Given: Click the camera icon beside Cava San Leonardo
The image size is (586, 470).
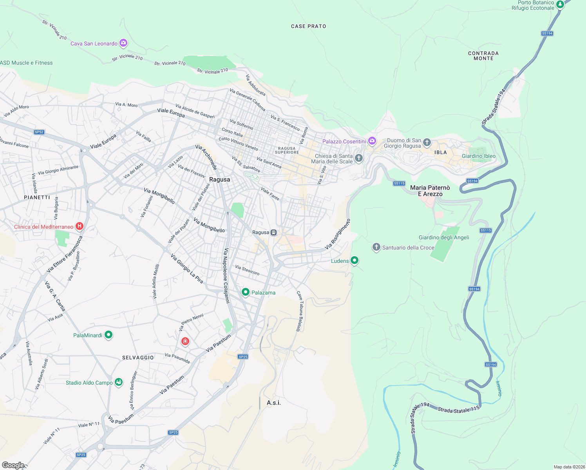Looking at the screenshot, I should (123, 43).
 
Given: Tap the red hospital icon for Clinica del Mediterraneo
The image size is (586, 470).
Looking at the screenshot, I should (80, 226).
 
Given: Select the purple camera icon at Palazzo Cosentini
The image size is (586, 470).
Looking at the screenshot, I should (372, 141).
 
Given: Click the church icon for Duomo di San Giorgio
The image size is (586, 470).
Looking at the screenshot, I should (427, 142).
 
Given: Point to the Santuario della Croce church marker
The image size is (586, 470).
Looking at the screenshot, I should (376, 247).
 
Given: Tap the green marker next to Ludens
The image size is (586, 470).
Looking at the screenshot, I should (354, 260).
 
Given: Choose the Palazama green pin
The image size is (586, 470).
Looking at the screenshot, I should (246, 292).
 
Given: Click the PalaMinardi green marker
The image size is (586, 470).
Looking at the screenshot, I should (109, 334).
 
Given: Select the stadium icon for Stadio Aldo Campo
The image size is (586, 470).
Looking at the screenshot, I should (118, 382).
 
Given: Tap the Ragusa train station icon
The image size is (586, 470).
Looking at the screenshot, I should (274, 233).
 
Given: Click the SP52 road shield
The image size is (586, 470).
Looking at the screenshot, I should (39, 132).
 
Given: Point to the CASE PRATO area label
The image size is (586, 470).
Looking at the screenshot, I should (308, 26).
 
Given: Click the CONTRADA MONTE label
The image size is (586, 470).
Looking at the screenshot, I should (483, 56).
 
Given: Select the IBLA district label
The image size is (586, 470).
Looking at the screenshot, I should (440, 152).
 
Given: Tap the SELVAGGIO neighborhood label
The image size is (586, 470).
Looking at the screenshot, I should (138, 358).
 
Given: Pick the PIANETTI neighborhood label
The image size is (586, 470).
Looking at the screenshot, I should (37, 197).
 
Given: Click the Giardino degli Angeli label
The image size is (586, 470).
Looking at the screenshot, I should (444, 237).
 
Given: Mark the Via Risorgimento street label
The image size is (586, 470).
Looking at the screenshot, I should (338, 234).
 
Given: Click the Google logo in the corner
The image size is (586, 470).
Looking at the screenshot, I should (13, 465).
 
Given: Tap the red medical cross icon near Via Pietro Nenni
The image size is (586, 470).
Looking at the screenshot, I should (185, 342).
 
